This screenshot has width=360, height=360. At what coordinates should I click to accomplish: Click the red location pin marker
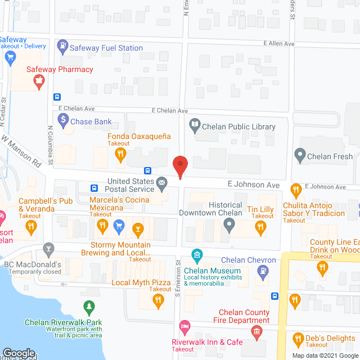[180, 166]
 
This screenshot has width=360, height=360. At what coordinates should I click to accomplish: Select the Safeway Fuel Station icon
[62, 48]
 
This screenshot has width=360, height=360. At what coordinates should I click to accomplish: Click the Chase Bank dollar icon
[62, 121]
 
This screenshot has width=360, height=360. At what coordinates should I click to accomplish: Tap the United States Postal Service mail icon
[161, 182]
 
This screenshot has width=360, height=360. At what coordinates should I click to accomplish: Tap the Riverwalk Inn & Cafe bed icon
[184, 327]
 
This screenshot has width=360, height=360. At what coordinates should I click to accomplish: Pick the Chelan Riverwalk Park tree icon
[88, 308]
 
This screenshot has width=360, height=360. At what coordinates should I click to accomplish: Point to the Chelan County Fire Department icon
[257, 332]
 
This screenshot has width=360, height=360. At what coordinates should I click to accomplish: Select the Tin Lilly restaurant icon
[260, 227]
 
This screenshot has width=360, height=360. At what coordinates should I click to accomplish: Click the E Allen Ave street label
[280, 43]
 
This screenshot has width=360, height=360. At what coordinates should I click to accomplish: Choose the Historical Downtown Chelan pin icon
[228, 227]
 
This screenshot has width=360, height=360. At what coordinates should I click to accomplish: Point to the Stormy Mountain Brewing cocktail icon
[137, 228]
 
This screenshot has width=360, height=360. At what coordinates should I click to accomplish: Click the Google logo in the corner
[19, 353]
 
